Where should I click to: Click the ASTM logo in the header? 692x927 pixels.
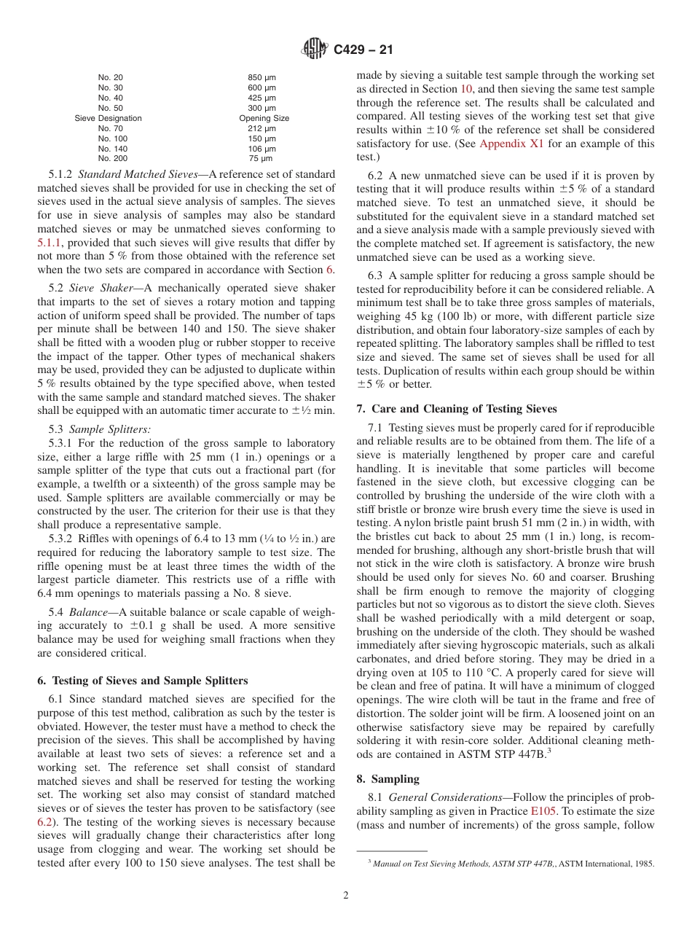pos(315,50)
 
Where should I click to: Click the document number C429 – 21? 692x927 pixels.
pos(363,50)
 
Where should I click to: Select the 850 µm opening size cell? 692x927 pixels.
pos(262,77)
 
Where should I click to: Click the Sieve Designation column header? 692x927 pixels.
pos(108,118)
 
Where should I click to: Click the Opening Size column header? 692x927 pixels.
pos(264,118)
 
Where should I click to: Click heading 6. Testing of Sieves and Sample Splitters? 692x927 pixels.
pos(142,681)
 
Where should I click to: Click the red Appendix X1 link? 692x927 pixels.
pos(511,144)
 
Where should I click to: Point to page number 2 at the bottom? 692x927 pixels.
pos(346,896)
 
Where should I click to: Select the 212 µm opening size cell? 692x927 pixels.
pos(262,128)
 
